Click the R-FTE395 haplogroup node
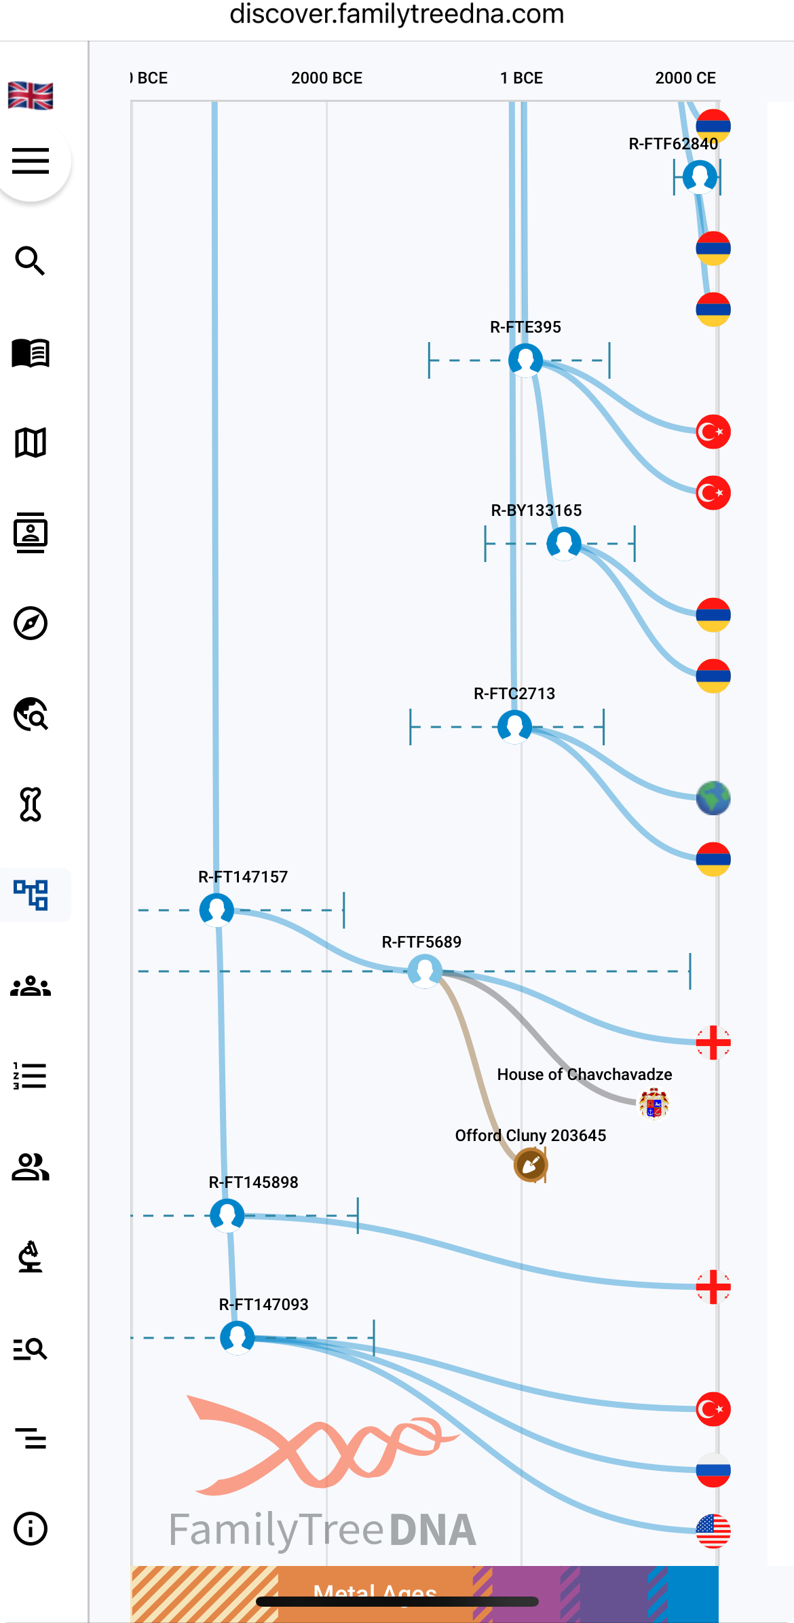(526, 360)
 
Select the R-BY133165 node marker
(564, 543)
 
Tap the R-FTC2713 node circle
(515, 726)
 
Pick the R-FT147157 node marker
(217, 910)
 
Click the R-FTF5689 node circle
(425, 971)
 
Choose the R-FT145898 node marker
(227, 1215)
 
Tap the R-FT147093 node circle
(238, 1337)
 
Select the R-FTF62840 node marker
(700, 176)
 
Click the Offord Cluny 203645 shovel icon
(531, 1165)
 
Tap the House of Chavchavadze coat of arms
(654, 1103)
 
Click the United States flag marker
(713, 1531)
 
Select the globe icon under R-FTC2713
(713, 798)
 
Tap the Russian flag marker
(713, 1470)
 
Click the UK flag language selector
(31, 96)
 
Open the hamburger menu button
(31, 161)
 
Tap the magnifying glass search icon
(31, 261)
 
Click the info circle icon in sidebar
(31, 1529)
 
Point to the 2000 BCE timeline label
(326, 78)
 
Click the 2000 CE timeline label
(685, 78)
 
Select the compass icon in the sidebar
(31, 623)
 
